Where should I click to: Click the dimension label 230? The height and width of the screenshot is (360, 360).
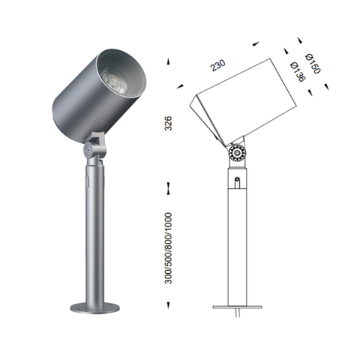coord(217,66)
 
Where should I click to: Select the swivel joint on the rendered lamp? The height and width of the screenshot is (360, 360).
coord(93,148)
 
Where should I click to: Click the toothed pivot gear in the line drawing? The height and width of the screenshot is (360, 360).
coord(237,153)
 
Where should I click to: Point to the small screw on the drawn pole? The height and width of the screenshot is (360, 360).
coord(237,181)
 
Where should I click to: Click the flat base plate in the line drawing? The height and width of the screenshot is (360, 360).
coord(237,307)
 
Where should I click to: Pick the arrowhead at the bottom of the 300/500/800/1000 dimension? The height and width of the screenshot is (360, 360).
coord(169,304)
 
